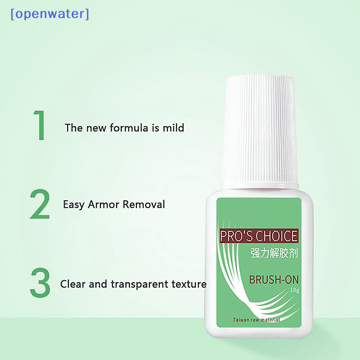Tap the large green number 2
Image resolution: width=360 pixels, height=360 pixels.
[x=40, y=204]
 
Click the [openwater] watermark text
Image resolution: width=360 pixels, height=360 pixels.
[x=49, y=14]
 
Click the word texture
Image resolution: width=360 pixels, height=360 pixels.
[x=189, y=284]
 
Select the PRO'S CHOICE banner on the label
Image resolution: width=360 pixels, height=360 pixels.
[x=258, y=236]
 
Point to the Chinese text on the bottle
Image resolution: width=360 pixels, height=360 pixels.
[x=274, y=253]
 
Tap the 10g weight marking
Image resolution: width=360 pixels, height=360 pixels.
[x=295, y=290]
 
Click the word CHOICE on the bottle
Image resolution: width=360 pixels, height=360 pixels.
[x=276, y=236]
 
